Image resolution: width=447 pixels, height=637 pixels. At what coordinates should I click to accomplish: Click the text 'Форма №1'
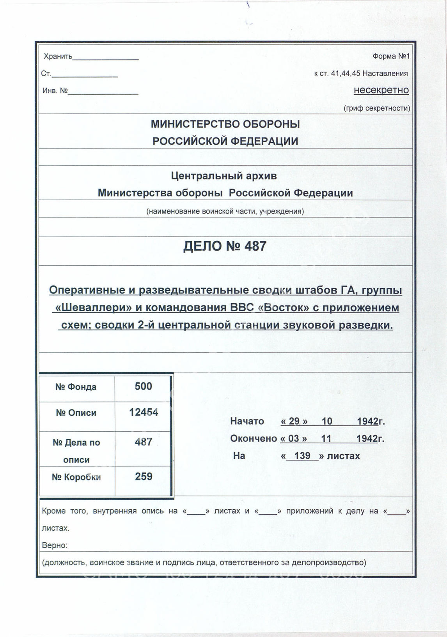tap(391, 56)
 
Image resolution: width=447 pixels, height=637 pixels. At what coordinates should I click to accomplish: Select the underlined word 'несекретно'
tap(381, 90)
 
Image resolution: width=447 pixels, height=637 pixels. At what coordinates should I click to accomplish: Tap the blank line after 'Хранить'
tap(106, 58)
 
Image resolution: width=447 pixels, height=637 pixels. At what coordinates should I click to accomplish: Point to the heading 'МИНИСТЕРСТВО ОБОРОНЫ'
tap(225, 124)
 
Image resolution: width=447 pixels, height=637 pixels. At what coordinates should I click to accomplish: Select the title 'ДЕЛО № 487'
tap(225, 246)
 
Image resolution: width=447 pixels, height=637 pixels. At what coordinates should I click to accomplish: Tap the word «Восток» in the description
tap(284, 308)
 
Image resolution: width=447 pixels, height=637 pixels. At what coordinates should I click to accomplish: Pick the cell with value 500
tap(143, 386)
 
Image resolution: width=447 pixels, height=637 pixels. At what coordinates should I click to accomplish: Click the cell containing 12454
tap(144, 413)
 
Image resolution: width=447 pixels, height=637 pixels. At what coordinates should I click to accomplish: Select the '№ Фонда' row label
tap(76, 387)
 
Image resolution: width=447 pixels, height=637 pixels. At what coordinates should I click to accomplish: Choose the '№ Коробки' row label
tap(76, 477)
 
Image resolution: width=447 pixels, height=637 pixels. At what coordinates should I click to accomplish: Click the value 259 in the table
tap(144, 476)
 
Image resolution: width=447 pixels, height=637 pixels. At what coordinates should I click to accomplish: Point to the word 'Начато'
tap(247, 421)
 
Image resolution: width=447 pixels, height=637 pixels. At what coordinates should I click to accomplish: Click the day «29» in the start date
tap(294, 421)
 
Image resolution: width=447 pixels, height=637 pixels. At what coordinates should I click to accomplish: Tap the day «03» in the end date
tap(294, 439)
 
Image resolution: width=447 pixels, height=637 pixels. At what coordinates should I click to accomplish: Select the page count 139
tap(302, 456)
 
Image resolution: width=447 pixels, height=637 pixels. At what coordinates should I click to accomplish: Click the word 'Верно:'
tap(55, 545)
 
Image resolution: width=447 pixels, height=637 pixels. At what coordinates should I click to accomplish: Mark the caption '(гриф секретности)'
tap(377, 108)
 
